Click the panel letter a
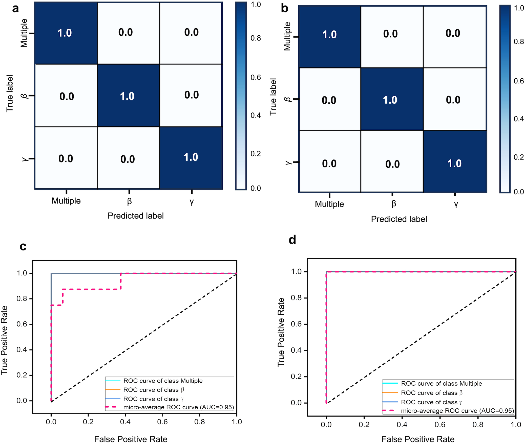pos(15,9)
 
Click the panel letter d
pos(292,240)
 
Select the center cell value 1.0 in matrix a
pos(127,96)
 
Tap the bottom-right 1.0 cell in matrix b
pos(454,164)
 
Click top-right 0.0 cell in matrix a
pos(191,32)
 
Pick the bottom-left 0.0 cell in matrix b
pos(329,164)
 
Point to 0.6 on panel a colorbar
pos(256,77)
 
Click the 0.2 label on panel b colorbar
pos(518,157)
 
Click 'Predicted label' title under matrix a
pos(136,216)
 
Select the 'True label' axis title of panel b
pos(273,97)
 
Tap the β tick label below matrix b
pos(393,204)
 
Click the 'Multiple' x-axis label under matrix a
pos(66,201)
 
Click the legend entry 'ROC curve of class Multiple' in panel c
pos(163,381)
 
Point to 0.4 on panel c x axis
pos(125,422)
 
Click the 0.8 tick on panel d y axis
pos(296,298)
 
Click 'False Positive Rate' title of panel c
pos(131,439)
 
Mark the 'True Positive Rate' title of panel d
pos(281,332)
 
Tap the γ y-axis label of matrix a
pos(25,159)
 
